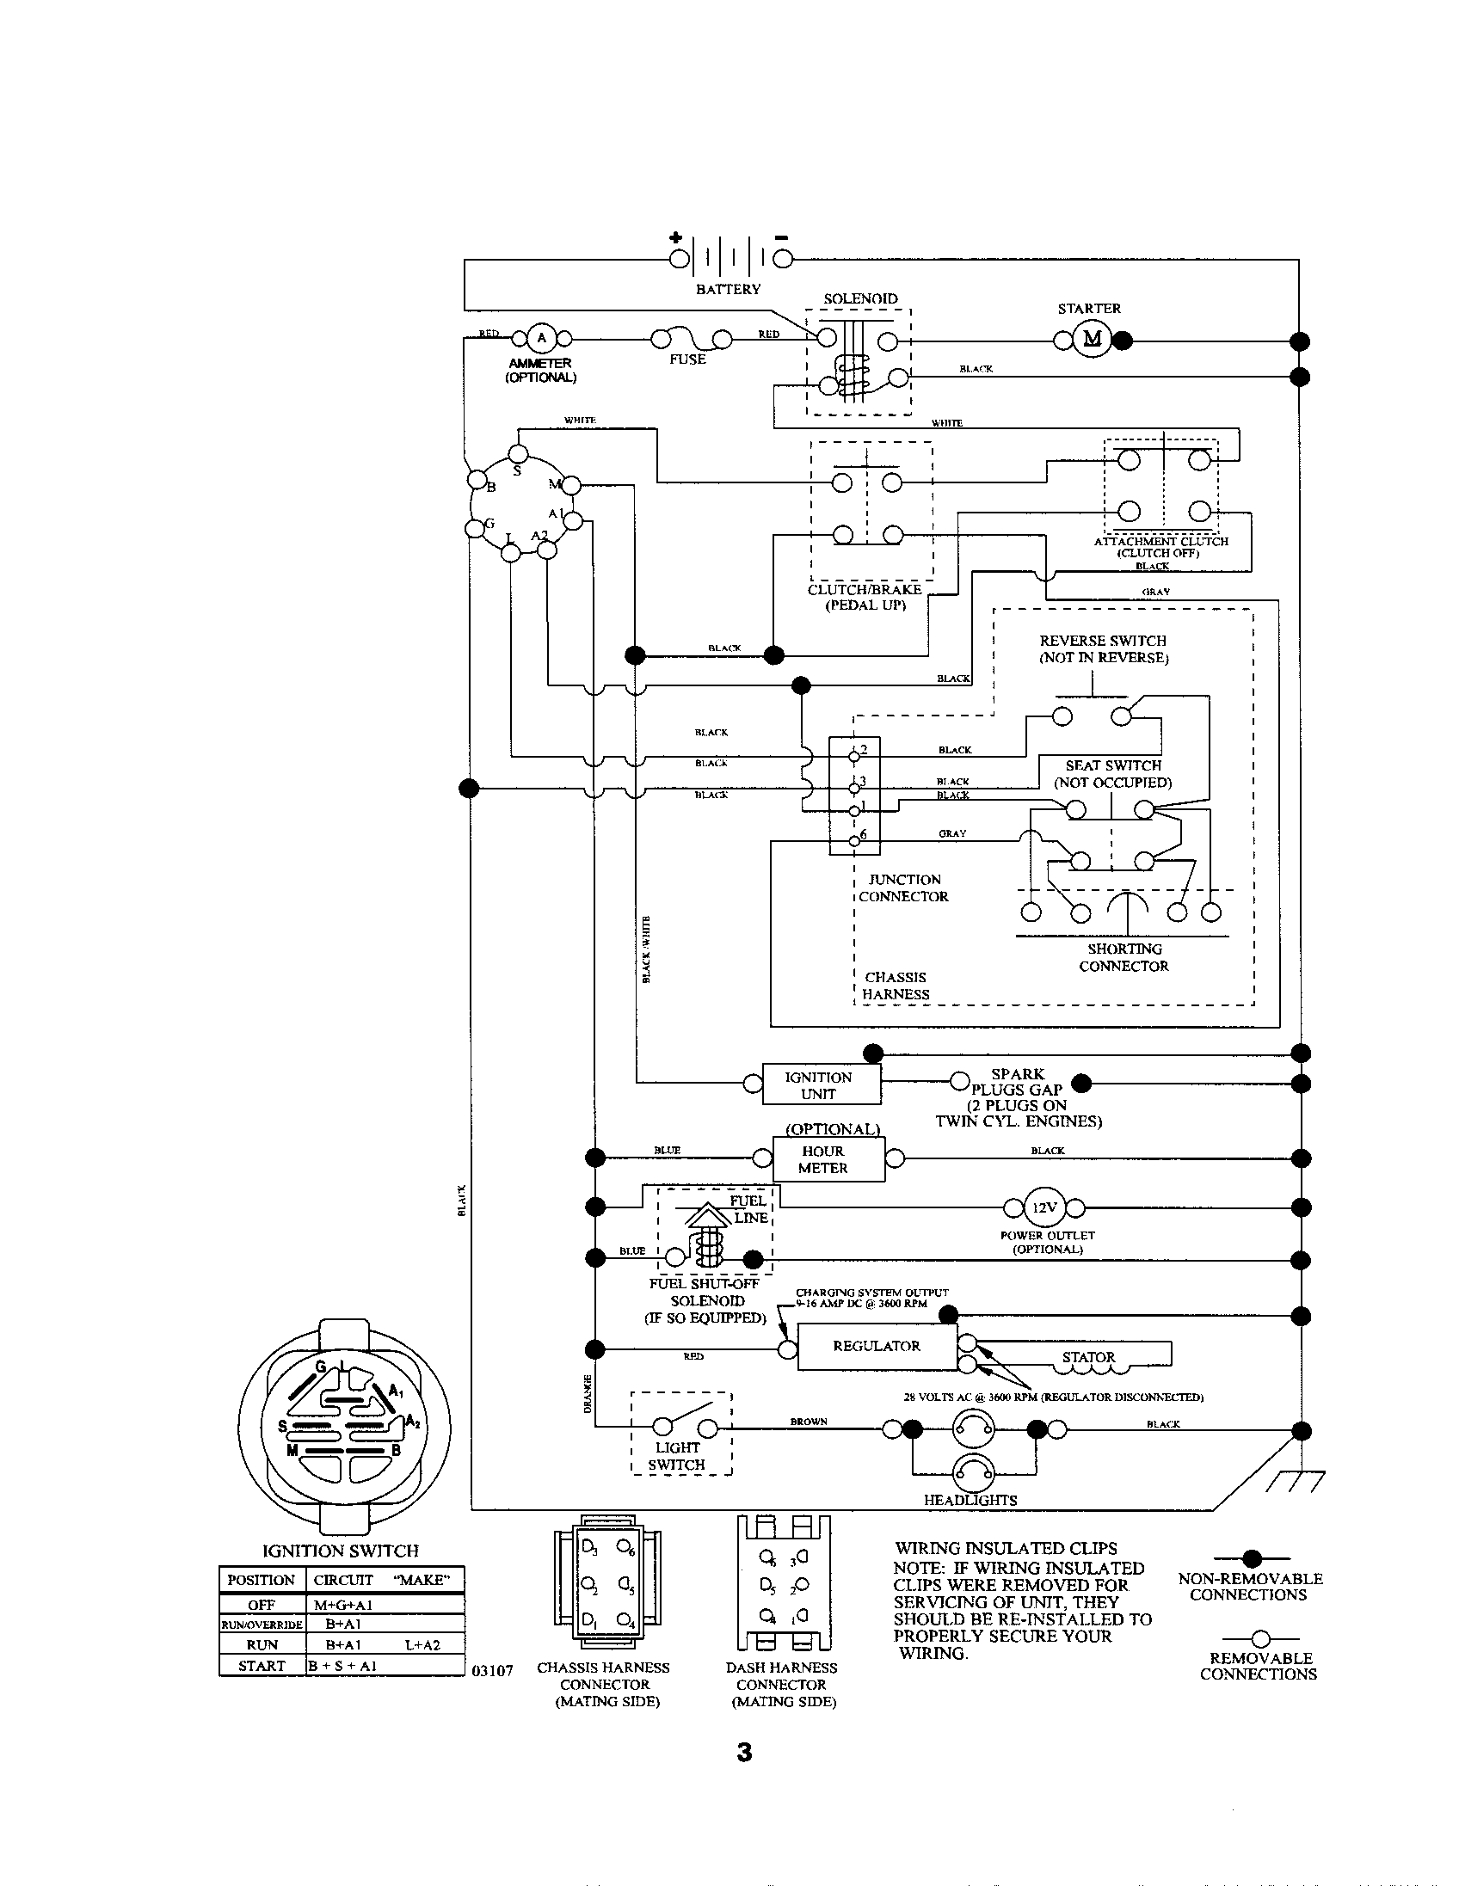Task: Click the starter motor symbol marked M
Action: pos(1092,339)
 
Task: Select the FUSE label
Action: pos(687,359)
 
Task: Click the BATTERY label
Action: pos(728,289)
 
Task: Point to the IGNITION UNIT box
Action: pos(821,1084)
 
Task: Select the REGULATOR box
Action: pos(876,1346)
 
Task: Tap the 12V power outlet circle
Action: pos(1044,1207)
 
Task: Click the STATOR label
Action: pos(1088,1357)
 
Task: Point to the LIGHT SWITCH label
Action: pos(677,1455)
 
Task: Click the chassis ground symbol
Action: pos(1295,1483)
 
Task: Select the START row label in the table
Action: pos(262,1665)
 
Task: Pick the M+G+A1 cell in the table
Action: pos(343,1605)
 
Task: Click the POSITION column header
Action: pos(262,1579)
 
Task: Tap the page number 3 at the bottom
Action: pos(744,1753)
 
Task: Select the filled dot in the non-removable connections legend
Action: pos(1252,1559)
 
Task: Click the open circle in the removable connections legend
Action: pos(1260,1638)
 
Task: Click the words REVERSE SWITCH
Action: pos(1102,640)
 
